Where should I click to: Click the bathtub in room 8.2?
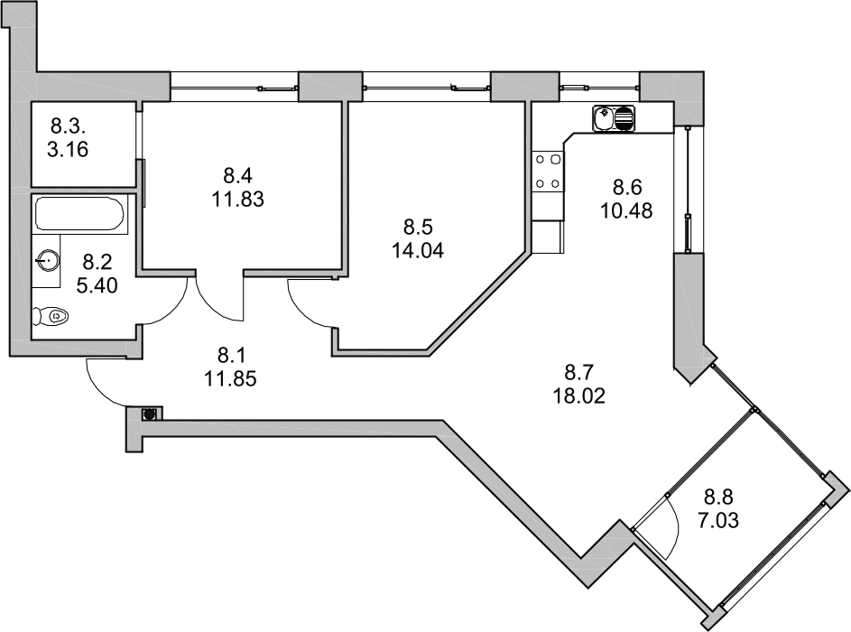click(x=80, y=214)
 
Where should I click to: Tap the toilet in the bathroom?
click(x=51, y=315)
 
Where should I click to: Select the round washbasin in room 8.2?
click(x=48, y=262)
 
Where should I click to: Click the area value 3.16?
click(x=68, y=149)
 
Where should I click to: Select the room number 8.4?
click(x=237, y=176)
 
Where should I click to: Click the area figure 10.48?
click(x=626, y=210)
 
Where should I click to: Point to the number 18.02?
click(x=579, y=395)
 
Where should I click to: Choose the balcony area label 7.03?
click(x=718, y=521)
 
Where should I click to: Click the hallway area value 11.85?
click(x=230, y=378)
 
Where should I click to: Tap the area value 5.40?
click(x=97, y=285)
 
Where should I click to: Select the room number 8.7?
click(x=579, y=373)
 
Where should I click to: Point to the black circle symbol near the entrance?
click(x=149, y=414)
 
